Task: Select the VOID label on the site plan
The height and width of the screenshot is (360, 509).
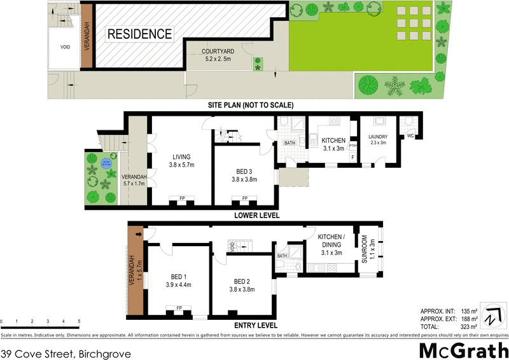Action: tap(65, 47)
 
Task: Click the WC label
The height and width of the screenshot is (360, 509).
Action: tap(410, 135)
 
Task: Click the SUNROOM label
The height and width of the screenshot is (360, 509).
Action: tap(365, 249)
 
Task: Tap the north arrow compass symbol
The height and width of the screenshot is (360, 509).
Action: tap(491, 315)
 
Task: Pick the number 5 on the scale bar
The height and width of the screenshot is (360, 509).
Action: tap(80, 321)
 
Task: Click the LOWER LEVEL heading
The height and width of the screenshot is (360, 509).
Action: tap(256, 215)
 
